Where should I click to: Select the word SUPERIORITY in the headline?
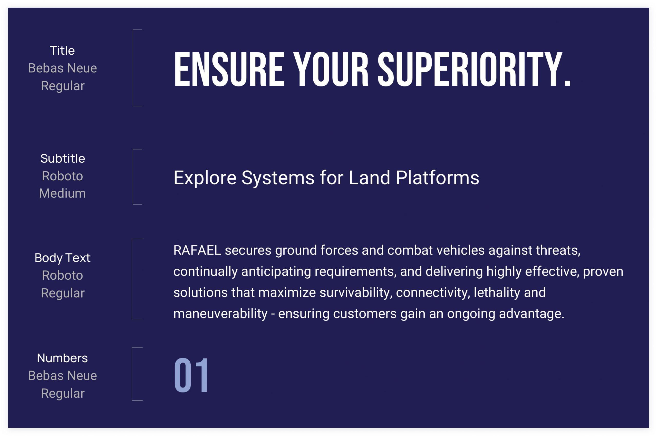[470, 69]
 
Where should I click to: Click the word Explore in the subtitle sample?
[205, 178]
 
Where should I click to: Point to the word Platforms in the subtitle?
[437, 178]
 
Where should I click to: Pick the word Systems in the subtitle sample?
[278, 178]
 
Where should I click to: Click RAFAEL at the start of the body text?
[197, 250]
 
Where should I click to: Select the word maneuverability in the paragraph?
[220, 314]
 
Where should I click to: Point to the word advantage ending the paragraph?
[532, 314]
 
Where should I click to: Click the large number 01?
[191, 375]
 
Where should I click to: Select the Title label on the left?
[62, 51]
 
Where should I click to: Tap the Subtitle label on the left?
[63, 158]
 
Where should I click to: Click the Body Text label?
[63, 258]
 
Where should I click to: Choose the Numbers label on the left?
[62, 358]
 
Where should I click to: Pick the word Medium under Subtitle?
[62, 193]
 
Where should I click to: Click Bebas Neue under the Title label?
[62, 68]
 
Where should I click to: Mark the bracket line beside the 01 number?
[132, 374]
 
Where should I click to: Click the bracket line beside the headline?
[133, 67]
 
